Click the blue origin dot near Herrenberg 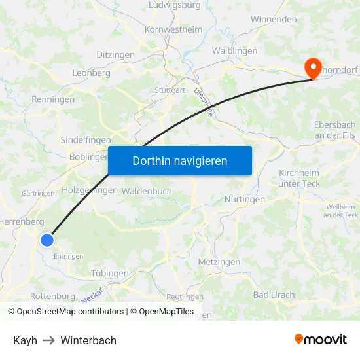point(46,240)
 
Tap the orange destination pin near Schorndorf point(312,68)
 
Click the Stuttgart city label point(170,90)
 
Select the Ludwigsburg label point(175,5)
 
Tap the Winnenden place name point(274,20)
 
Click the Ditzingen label point(115,55)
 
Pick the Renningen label point(53,99)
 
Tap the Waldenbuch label point(147,191)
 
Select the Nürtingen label point(244,199)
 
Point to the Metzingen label point(219,262)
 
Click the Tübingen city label point(109,273)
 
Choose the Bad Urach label point(274,295)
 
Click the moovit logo point(320,339)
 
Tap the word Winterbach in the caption point(88,340)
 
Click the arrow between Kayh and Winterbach point(49,340)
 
